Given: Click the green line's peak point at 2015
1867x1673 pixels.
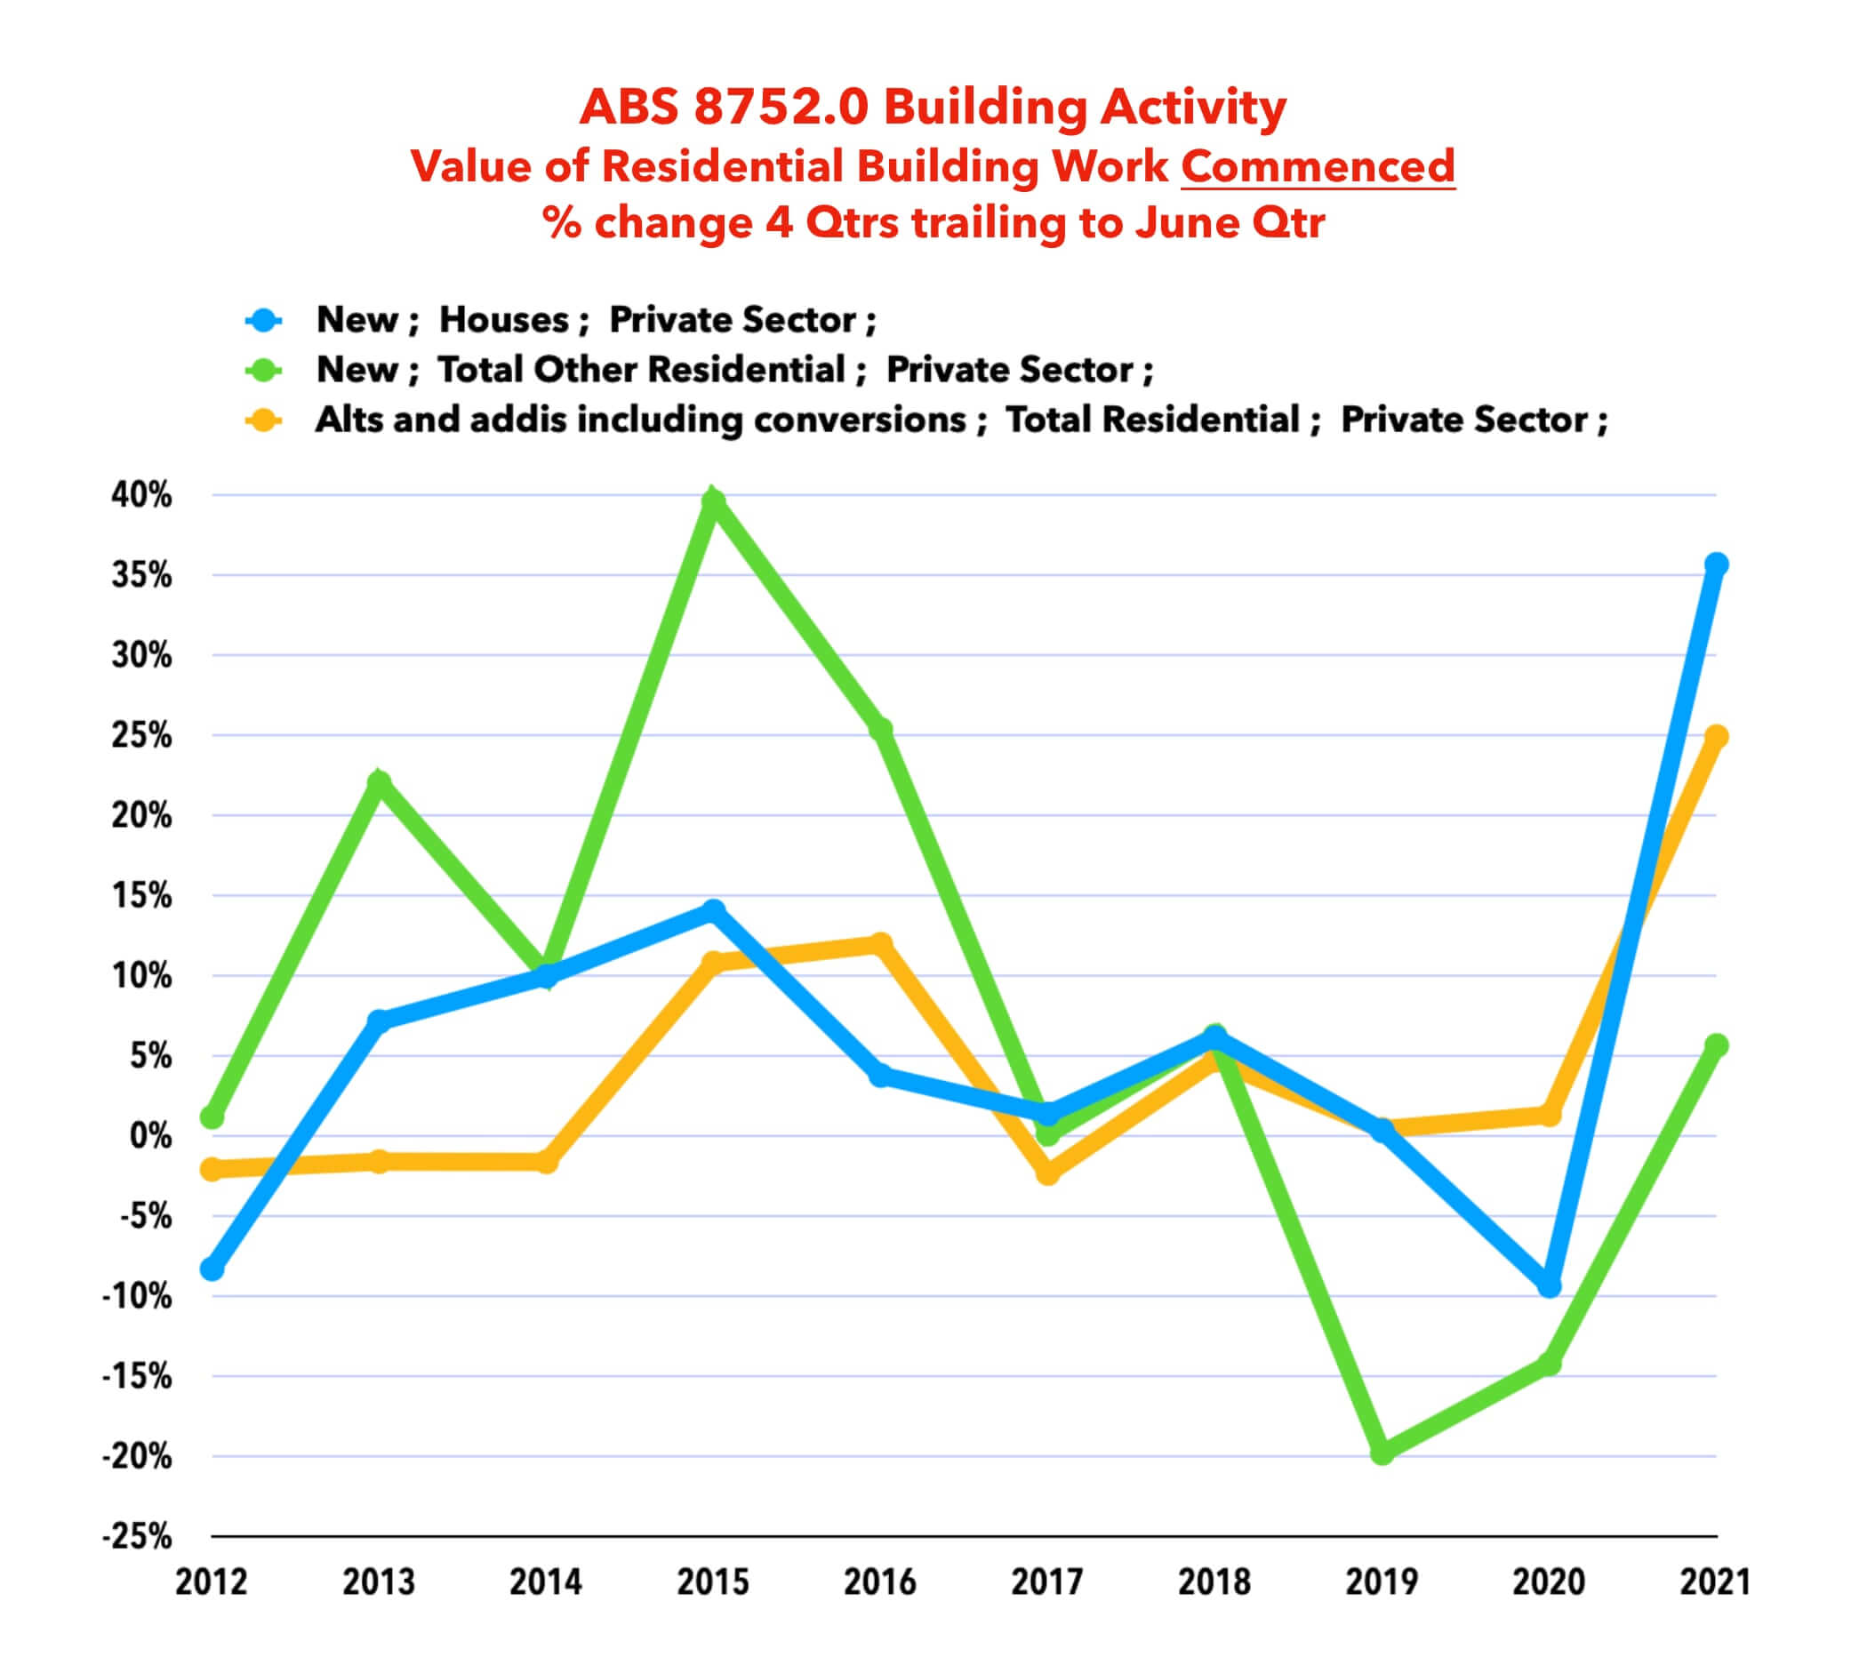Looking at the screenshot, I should [x=713, y=501].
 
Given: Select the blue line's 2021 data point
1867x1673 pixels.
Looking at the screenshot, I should [x=1715, y=564].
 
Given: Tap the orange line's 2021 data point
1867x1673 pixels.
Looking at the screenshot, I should [x=1715, y=736].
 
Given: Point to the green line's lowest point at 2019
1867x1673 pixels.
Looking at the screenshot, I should [x=1382, y=1453].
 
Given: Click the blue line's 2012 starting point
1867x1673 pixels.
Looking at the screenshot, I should [x=212, y=1269].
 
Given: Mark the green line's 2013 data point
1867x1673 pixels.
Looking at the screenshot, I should [x=379, y=782].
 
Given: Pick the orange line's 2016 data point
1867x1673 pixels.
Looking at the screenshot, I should [x=881, y=944].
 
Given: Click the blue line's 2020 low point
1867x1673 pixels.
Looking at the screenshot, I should [x=1550, y=1285].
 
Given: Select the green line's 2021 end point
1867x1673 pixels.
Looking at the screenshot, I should [x=1715, y=1045].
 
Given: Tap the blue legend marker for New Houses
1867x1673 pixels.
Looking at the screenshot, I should [x=264, y=320].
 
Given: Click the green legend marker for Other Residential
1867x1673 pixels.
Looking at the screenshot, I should [x=264, y=370].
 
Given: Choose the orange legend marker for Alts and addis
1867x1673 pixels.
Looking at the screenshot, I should [x=264, y=420].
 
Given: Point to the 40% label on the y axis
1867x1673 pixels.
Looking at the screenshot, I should [x=141, y=495].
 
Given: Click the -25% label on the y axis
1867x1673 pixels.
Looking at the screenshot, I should [x=137, y=1536].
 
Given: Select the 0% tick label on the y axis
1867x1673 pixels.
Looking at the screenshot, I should [x=150, y=1136].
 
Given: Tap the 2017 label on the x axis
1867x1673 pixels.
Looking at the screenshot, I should [x=1047, y=1582].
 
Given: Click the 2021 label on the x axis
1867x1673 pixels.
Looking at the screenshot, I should [x=1714, y=1582].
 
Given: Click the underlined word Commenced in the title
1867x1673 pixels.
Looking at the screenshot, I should [x=1318, y=166].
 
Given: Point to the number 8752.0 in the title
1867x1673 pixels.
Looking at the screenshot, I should [x=781, y=107].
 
